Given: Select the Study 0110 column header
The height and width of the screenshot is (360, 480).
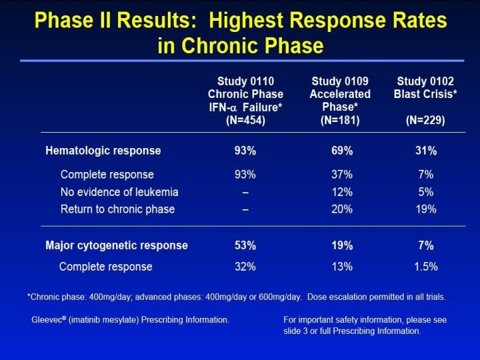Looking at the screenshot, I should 245,81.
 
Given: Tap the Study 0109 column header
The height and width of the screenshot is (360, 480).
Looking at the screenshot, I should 341,81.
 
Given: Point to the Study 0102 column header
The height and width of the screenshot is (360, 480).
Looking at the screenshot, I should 426,81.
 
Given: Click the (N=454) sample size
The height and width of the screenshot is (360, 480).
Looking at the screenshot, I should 245,121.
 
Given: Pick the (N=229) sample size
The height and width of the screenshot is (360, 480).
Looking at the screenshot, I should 426,121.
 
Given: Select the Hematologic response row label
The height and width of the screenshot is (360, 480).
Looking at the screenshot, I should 103,151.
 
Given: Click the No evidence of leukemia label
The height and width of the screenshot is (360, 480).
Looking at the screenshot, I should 119,192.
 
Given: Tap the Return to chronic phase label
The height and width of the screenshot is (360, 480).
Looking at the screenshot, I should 117,209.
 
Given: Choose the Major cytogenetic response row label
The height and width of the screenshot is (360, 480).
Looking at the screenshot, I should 117,245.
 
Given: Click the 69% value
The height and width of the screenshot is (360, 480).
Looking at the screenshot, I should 341,151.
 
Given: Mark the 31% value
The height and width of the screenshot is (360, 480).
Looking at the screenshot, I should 426,151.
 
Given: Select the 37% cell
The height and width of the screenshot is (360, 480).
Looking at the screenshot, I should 341,175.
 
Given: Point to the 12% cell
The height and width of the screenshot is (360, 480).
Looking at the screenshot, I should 341,192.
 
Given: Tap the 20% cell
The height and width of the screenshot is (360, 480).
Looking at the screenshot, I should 341,209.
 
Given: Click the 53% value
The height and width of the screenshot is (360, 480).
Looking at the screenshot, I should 245,245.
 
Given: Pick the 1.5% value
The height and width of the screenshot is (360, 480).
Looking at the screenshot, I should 426,267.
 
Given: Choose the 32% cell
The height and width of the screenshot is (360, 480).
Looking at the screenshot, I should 245,267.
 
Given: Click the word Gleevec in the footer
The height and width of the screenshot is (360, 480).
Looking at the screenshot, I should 45,320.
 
